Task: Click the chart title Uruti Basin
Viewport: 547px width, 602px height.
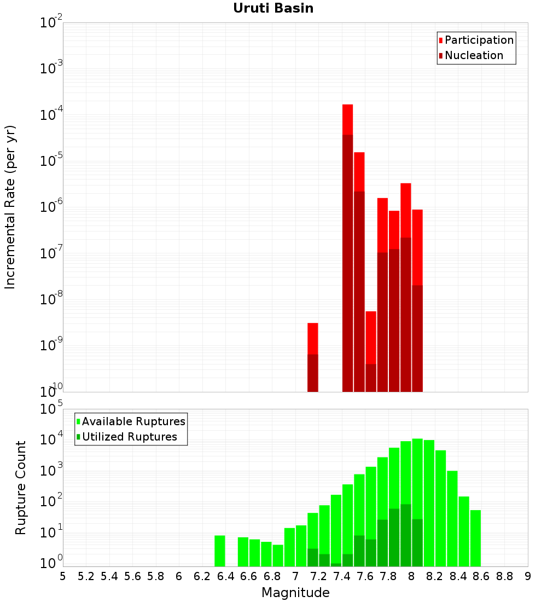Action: point(273,8)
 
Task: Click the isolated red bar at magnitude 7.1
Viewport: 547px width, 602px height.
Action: point(313,357)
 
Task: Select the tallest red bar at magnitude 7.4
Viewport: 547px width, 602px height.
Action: point(347,246)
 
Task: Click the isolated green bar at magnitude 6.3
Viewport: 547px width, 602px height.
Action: point(220,551)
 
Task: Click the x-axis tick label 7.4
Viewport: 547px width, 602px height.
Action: point(342,576)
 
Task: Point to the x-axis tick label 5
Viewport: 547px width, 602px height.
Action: point(63,576)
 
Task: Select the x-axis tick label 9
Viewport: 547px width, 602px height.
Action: point(528,576)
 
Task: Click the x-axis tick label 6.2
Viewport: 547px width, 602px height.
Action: point(203,576)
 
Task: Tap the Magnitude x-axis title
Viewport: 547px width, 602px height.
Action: point(295,593)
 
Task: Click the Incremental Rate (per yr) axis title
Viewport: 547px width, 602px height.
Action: point(10,207)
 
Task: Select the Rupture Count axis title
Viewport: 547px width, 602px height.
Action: point(21,488)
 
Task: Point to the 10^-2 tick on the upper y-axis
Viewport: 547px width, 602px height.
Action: point(51,23)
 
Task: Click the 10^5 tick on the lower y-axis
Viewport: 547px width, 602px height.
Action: point(53,409)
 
